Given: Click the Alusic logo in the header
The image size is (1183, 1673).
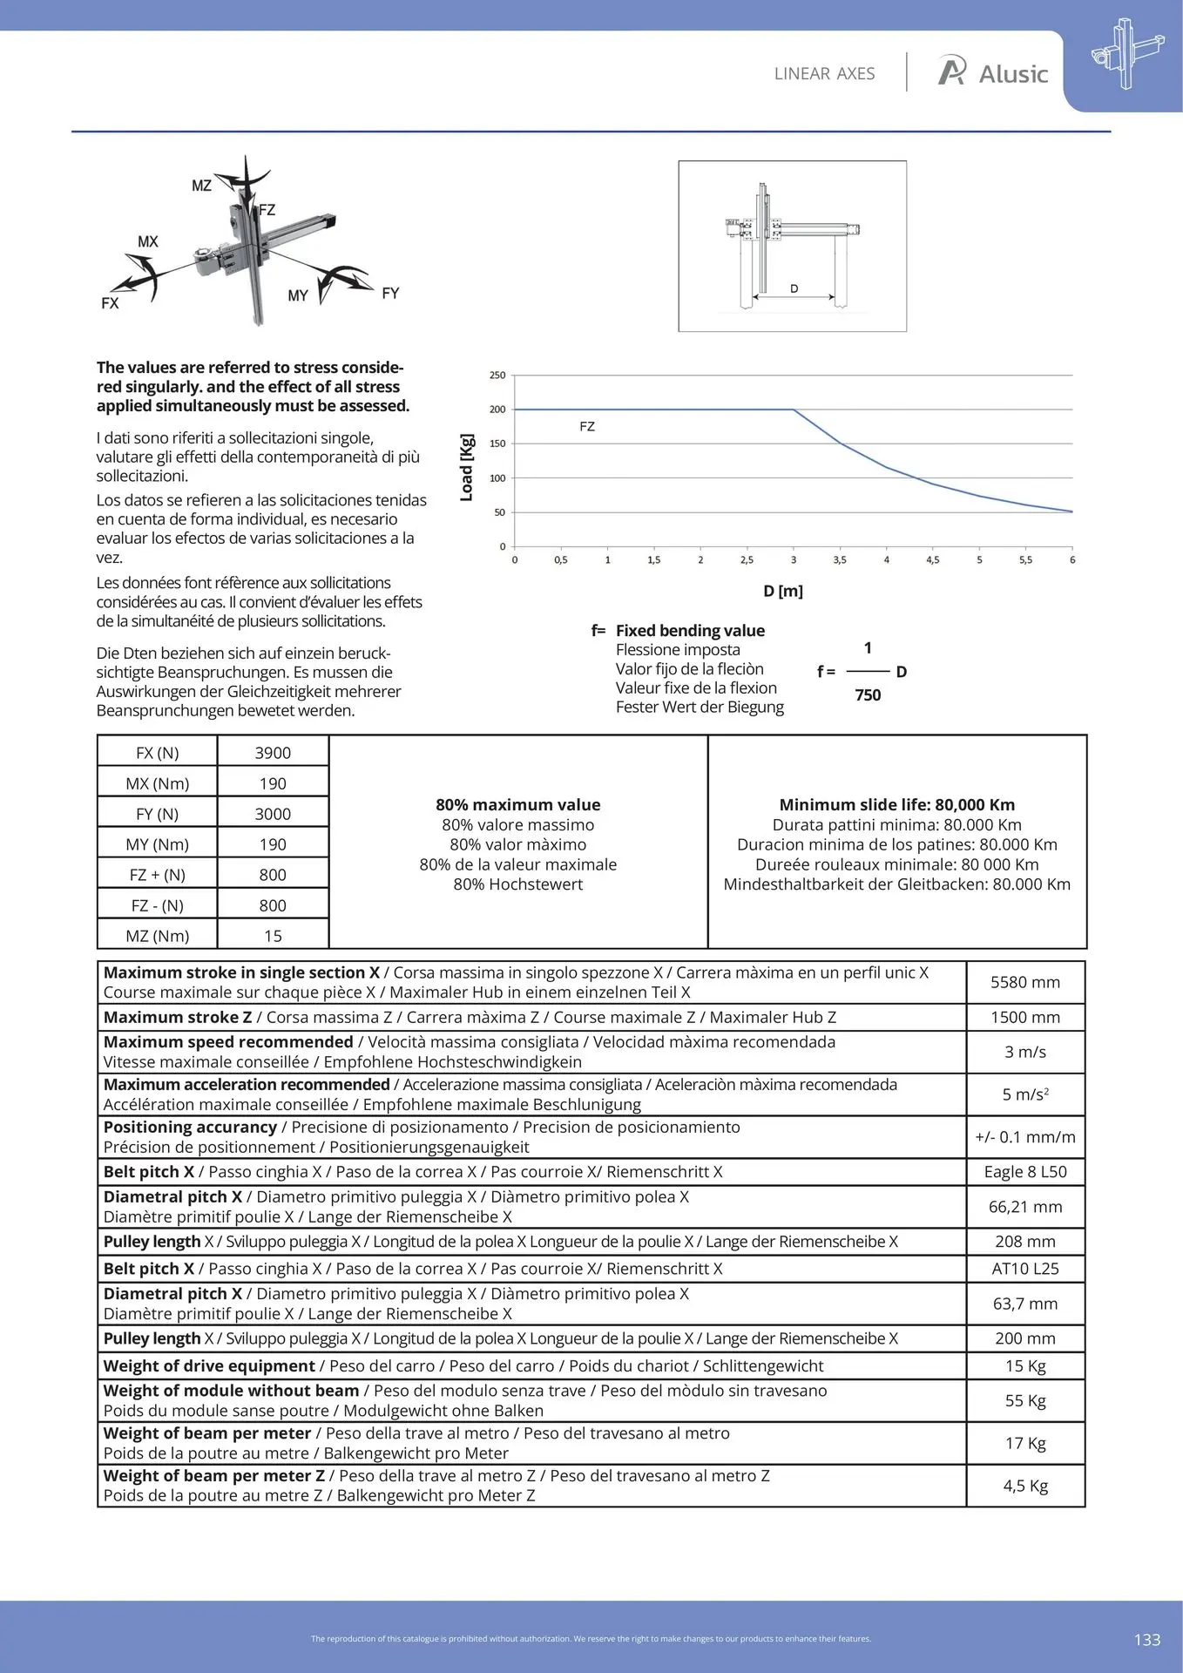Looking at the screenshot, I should click(x=992, y=73).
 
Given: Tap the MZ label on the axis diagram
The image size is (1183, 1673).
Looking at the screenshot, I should click(x=201, y=186).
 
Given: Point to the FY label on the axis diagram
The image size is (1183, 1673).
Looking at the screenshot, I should click(x=390, y=294).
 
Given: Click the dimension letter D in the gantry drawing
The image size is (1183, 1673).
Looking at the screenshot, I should click(x=794, y=288).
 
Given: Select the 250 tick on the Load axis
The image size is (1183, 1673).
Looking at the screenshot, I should click(x=497, y=376).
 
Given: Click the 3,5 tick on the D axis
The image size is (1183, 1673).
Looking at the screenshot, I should click(x=840, y=560).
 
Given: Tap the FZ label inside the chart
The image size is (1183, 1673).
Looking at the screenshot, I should click(x=587, y=427).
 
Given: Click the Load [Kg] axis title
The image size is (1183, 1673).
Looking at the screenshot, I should click(x=467, y=467).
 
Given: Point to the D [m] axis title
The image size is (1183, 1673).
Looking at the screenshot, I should click(x=783, y=591).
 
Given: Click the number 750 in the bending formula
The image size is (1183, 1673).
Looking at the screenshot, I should click(x=868, y=695).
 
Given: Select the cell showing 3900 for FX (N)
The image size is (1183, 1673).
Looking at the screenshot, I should click(x=273, y=753).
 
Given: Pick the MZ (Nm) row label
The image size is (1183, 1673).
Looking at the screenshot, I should click(x=157, y=936).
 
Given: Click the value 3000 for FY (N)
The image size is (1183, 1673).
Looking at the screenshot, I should click(x=273, y=814).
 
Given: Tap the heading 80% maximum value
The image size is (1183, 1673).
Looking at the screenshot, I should click(x=518, y=805).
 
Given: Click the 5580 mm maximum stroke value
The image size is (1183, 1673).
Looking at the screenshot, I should click(x=1025, y=982).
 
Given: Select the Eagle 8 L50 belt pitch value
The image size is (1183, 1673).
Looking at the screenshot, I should click(x=1025, y=1172).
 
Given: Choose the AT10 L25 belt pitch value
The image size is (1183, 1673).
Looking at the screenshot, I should click(x=1025, y=1269).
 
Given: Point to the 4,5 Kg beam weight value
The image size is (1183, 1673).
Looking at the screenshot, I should click(x=1025, y=1486).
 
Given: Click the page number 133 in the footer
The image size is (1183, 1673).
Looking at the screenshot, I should click(x=1147, y=1640).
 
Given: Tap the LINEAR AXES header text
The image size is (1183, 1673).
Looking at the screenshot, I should click(x=824, y=74).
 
